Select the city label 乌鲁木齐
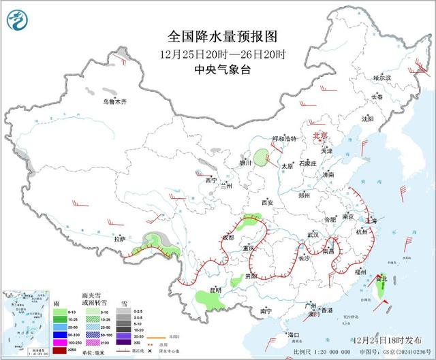coord(111,102)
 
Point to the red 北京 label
coord(320,136)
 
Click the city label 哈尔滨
coord(382,78)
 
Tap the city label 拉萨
coord(121,239)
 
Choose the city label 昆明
coord(215,290)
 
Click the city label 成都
coord(228,238)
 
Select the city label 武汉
coord(313,234)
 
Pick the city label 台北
coord(381,278)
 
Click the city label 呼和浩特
coord(284,139)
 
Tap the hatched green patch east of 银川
coord(261,159)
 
